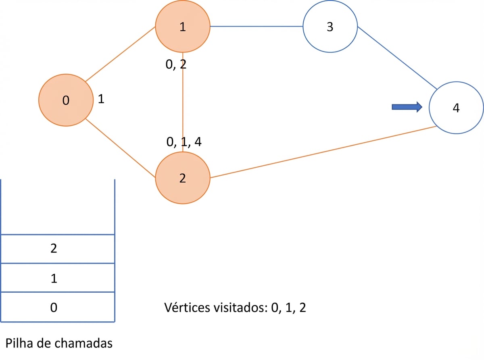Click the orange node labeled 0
click(x=66, y=100)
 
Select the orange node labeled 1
click(x=183, y=26)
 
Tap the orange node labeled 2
click(x=183, y=178)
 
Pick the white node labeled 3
click(x=330, y=26)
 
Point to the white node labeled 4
click(x=456, y=108)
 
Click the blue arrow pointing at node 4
click(x=407, y=107)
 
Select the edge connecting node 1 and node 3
click(x=257, y=26)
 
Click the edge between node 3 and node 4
click(x=397, y=58)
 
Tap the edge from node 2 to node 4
click(x=323, y=152)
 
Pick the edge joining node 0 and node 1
click(x=120, y=54)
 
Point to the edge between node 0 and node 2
click(x=120, y=148)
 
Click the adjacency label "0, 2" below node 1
click(x=176, y=65)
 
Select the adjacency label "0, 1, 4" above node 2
click(x=184, y=142)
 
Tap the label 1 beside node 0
click(x=101, y=99)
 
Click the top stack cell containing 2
click(x=58, y=249)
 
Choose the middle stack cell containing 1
click(x=58, y=277)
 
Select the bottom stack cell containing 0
click(x=58, y=307)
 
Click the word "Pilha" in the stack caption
click(x=19, y=343)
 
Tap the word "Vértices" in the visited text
click(x=188, y=308)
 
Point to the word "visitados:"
click(x=241, y=308)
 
